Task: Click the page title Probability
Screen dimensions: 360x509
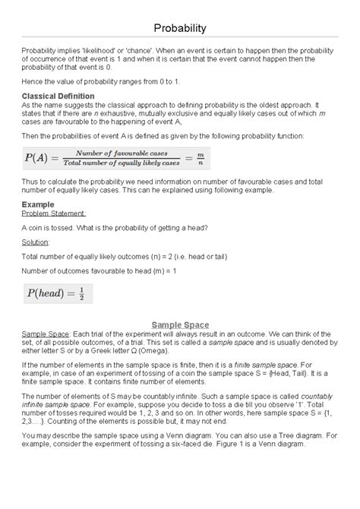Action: pyautogui.click(x=179, y=28)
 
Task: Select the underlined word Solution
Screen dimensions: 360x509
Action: pyautogui.click(x=35, y=241)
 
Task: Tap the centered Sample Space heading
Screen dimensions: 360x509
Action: pyautogui.click(x=179, y=325)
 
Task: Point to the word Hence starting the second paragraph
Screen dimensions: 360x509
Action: pyautogui.click(x=33, y=80)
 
